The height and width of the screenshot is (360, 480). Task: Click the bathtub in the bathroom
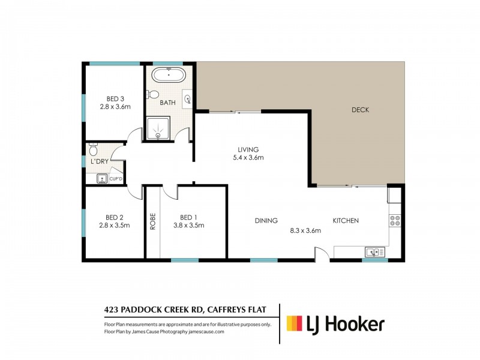(x=169, y=75)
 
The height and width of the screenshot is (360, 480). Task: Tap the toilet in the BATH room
(x=152, y=94)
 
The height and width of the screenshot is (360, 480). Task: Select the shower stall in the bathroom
(x=158, y=128)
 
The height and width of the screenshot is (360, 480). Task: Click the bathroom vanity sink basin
(x=187, y=99)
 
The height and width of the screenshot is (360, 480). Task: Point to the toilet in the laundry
(x=93, y=149)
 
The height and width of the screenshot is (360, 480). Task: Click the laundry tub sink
(x=102, y=178)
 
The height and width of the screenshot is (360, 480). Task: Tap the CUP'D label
(x=116, y=179)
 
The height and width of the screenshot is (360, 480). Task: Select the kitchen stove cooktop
(x=395, y=221)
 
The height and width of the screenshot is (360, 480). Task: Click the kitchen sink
(x=374, y=253)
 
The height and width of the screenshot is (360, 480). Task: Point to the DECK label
(x=361, y=110)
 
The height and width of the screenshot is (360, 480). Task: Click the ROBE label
(x=153, y=221)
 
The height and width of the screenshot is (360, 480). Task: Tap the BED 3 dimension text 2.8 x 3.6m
(x=115, y=107)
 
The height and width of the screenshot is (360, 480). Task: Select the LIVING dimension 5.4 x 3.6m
(x=248, y=158)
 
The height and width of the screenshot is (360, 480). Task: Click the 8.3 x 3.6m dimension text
(x=305, y=230)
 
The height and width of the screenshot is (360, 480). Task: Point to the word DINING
(x=266, y=220)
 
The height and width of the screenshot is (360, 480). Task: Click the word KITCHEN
(x=346, y=220)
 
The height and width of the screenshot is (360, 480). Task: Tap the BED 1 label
(x=188, y=217)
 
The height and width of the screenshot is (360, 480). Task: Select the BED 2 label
(x=115, y=217)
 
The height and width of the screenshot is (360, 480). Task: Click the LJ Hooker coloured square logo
(x=294, y=323)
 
